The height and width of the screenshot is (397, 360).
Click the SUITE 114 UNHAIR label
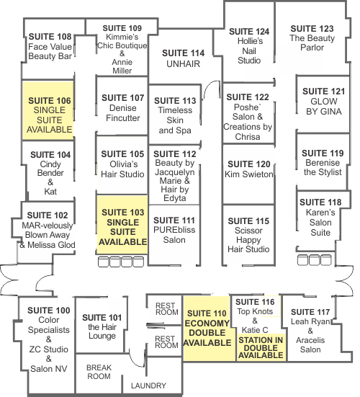tap(183, 58)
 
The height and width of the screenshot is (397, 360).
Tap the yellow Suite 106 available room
tap(48, 110)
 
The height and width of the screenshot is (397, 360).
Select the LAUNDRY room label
tap(148, 385)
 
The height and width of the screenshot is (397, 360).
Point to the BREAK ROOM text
tap(99, 372)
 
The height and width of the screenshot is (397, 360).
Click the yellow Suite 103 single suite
tap(122, 225)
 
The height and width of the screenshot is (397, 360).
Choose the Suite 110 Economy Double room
tap(207, 329)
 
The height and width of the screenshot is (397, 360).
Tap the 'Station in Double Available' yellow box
tap(261, 347)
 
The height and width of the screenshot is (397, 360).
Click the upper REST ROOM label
tap(167, 309)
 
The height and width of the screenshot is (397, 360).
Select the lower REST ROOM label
tap(166, 342)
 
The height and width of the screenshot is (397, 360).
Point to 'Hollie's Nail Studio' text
tap(249, 50)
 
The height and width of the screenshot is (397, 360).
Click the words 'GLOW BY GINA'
tap(324, 107)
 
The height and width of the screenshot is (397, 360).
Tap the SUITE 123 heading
tap(312, 28)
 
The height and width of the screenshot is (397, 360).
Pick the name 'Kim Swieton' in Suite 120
tap(249, 174)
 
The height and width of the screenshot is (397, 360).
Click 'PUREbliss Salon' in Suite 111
tap(174, 235)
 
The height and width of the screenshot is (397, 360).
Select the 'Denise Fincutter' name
tap(123, 113)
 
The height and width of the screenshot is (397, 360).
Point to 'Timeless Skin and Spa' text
tap(175, 120)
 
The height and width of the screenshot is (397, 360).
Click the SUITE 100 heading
tap(49, 311)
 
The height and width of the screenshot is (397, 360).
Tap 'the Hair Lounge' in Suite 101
tap(102, 331)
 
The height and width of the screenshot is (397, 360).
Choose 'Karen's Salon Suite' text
tap(320, 223)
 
